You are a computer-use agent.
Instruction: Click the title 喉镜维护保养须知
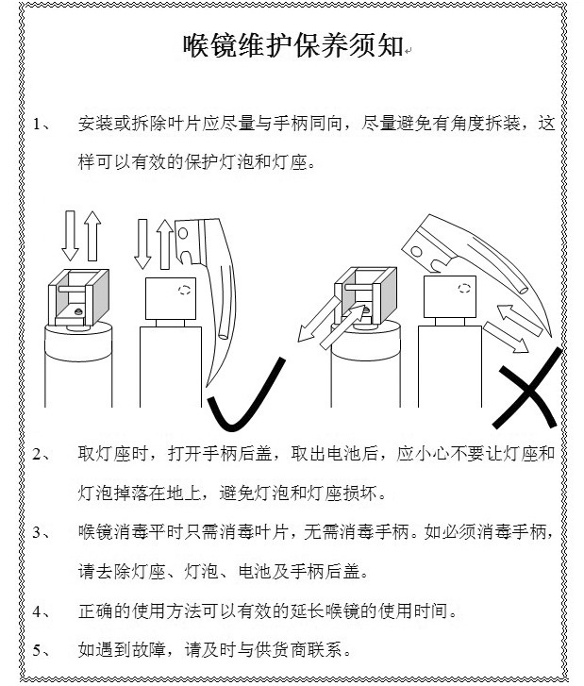coord(292,45)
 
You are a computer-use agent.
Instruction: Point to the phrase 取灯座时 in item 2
coord(112,454)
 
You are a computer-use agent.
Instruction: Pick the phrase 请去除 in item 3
coord(104,572)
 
